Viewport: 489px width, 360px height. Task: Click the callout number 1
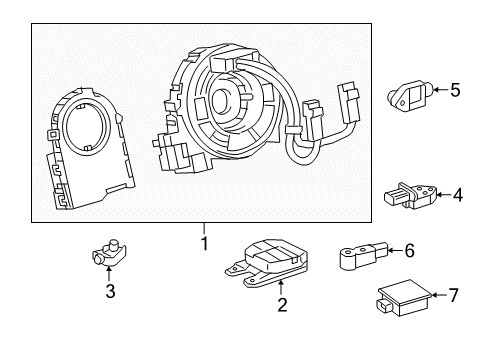(x=204, y=243)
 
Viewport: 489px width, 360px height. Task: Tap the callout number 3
(x=111, y=292)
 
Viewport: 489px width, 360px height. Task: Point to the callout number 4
(x=458, y=195)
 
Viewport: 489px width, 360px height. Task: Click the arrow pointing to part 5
(x=437, y=90)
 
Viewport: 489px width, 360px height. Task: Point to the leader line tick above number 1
(x=204, y=227)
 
